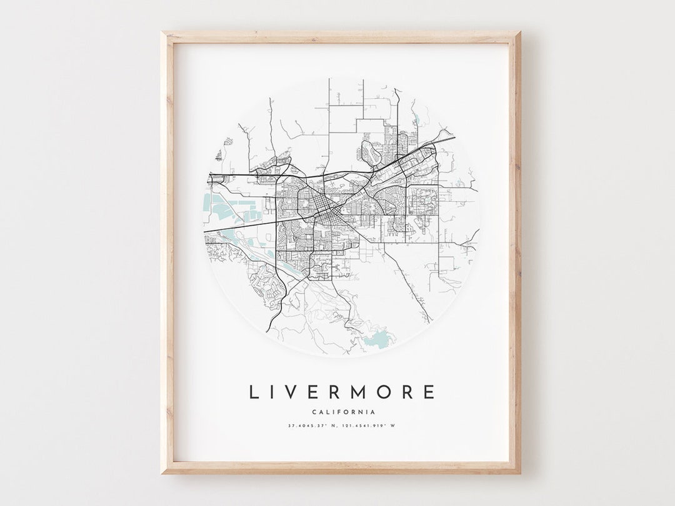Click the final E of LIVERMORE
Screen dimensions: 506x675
tap(429, 392)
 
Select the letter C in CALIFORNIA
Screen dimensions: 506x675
tap(314, 412)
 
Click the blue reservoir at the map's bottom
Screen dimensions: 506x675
tap(375, 340)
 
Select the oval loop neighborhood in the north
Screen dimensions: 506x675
tap(371, 152)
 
